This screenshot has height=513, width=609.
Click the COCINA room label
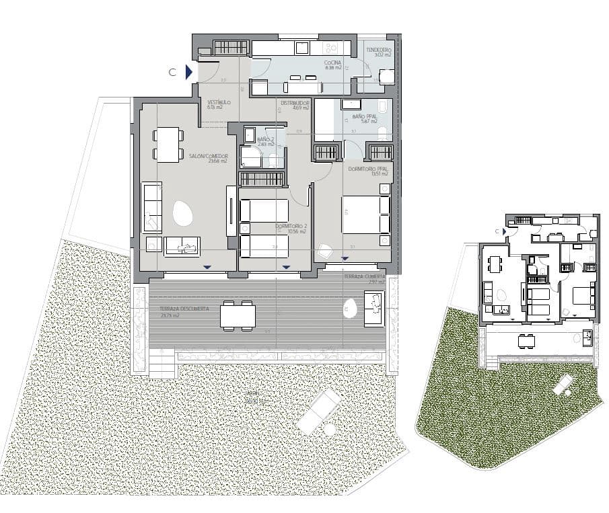[x=333, y=65]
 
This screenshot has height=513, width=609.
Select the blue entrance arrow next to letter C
[x=190, y=72]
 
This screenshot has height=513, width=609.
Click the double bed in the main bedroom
[x=365, y=214]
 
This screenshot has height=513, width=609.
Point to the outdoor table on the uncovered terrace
[x=237, y=315]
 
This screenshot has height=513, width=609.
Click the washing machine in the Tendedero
[x=386, y=77]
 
